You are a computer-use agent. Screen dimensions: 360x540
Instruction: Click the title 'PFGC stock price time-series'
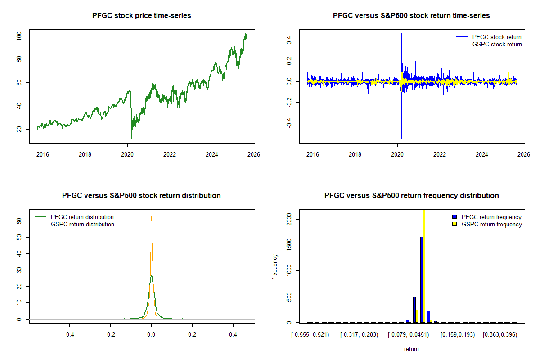[141, 16]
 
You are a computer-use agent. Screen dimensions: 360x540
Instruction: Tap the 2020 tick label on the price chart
[127, 155]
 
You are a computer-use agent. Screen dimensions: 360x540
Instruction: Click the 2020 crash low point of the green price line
[132, 139]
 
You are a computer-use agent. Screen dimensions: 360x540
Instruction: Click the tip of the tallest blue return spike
[401, 34]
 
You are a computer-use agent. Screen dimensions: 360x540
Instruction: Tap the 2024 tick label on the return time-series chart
[482, 155]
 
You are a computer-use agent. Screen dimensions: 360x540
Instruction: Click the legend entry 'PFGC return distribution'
[82, 217]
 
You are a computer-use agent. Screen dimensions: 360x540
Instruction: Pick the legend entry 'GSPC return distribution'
[82, 224]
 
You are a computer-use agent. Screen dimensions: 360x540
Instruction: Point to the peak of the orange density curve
[151, 216]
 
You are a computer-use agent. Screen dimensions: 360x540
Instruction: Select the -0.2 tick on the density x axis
[111, 335]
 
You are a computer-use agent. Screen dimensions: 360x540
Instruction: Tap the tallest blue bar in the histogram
[422, 279]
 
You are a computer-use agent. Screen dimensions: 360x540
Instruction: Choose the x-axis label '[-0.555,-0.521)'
[310, 335]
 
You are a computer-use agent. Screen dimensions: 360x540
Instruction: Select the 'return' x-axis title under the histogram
[411, 349]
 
